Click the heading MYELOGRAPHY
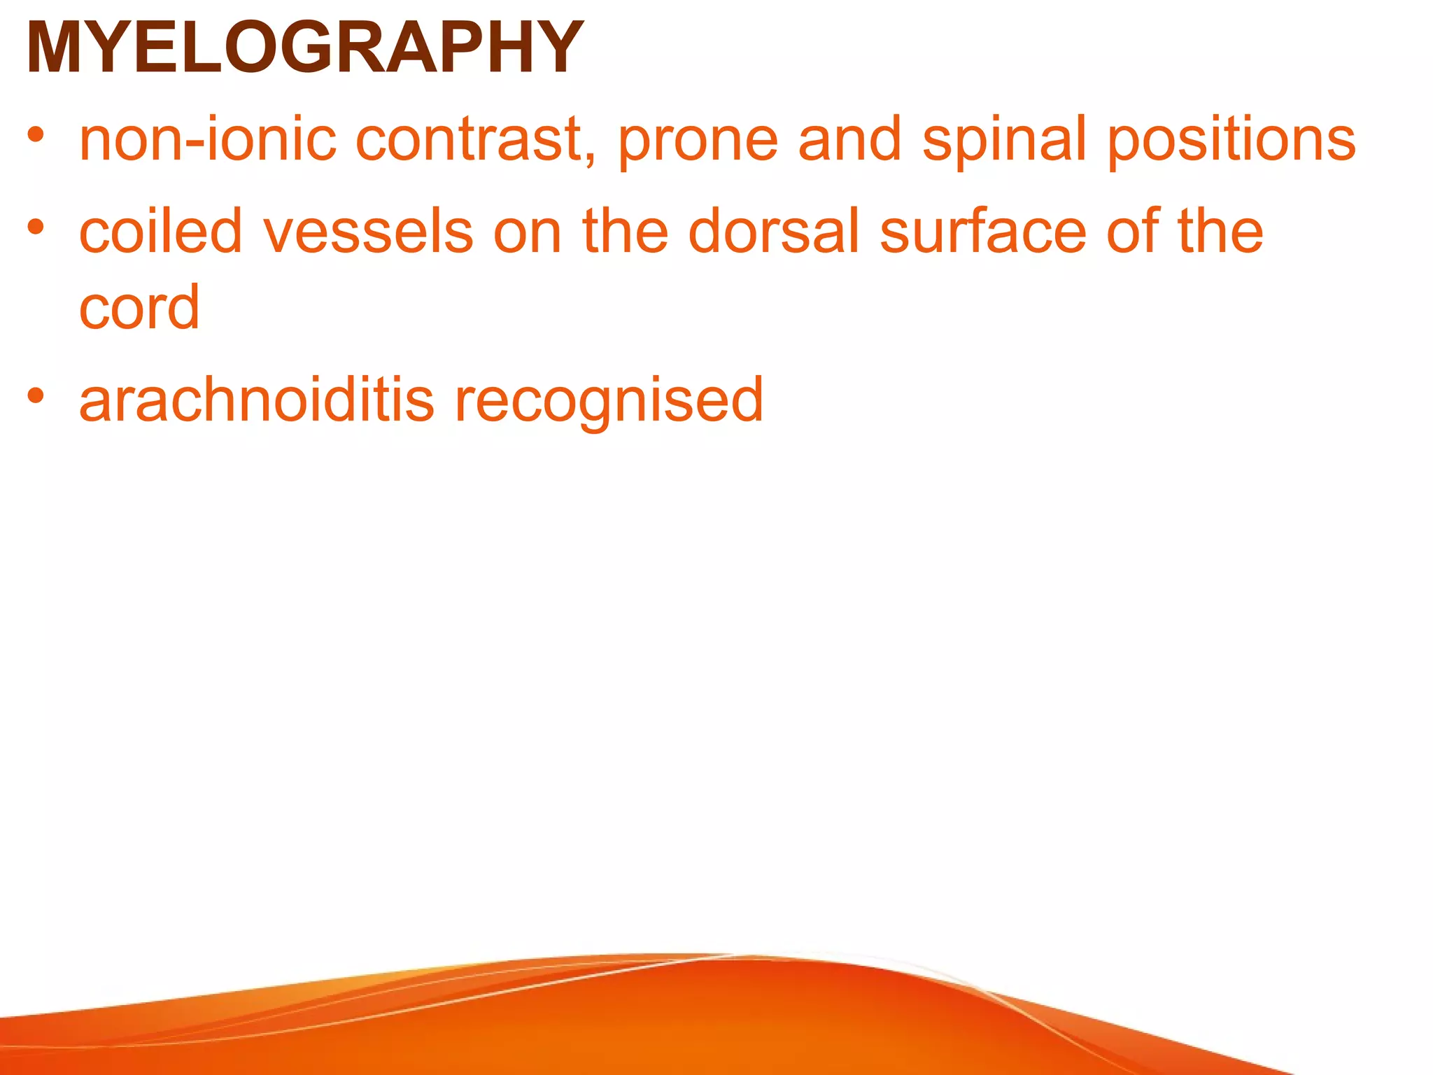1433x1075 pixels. coord(304,48)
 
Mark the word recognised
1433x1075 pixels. coord(609,402)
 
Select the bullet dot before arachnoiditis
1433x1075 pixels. coord(36,395)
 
